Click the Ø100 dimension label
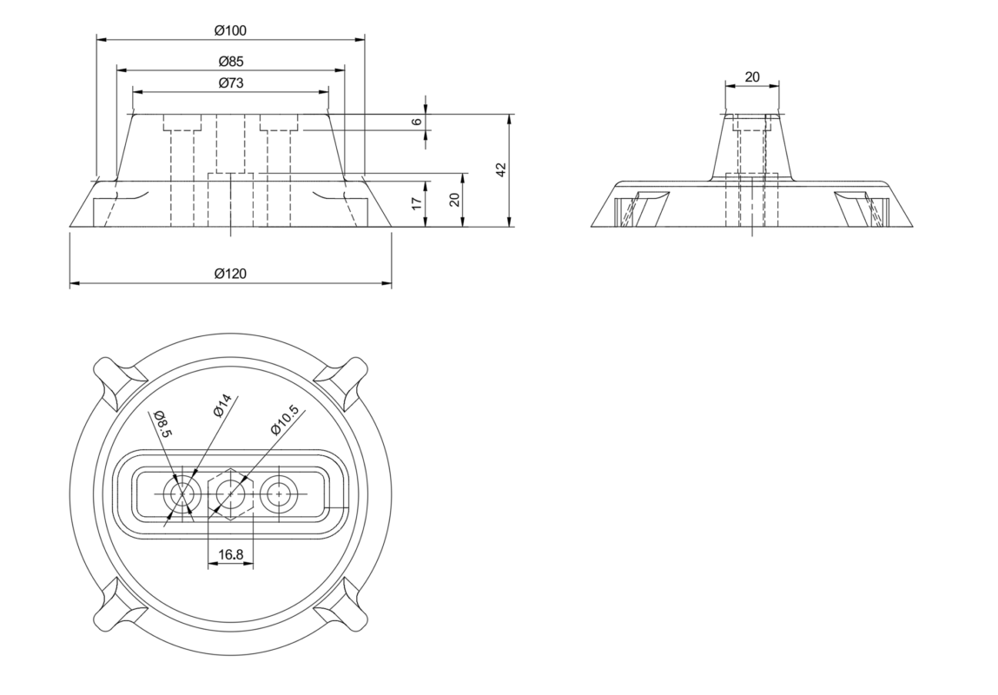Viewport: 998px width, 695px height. pos(230,30)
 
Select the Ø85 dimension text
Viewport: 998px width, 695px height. pos(230,62)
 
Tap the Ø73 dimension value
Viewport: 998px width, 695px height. pos(230,83)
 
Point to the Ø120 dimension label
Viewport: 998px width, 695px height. pos(230,274)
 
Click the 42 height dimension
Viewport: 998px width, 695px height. pos(501,170)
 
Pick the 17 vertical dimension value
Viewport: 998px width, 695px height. pos(417,203)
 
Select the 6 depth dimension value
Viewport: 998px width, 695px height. pos(417,122)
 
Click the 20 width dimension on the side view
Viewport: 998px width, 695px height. pos(751,77)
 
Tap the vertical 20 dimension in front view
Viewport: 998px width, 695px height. pos(454,200)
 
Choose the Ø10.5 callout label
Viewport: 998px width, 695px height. pos(284,420)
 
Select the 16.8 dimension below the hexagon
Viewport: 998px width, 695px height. pos(230,554)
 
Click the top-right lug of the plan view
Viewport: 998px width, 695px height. pos(342,382)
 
